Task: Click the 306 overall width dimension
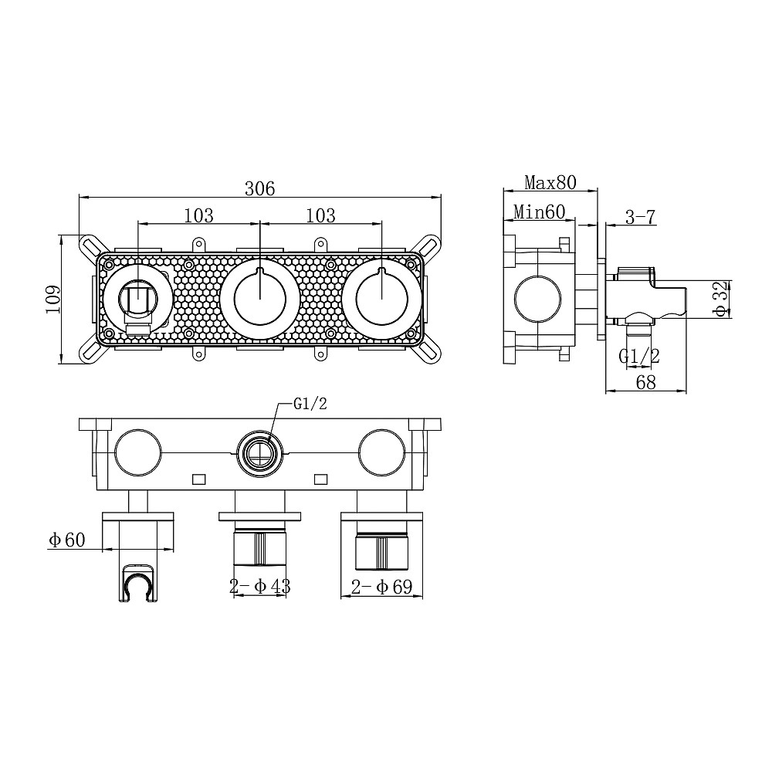[x=260, y=188]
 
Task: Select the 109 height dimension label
[x=52, y=300]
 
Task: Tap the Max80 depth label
[x=550, y=183]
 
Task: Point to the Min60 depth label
[x=539, y=212]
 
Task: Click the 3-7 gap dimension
[x=641, y=217]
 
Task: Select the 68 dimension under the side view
[x=646, y=382]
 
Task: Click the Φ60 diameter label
[x=67, y=540]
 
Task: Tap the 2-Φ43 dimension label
[x=260, y=587]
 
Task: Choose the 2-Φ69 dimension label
[x=381, y=587]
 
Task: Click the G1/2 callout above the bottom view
[x=310, y=405]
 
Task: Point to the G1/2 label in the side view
[x=639, y=356]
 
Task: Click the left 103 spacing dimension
[x=199, y=215]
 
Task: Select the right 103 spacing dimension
[x=320, y=215]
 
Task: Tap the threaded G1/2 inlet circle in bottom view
[x=260, y=453]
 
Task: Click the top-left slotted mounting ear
[x=90, y=245]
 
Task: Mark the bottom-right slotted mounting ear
[x=429, y=351]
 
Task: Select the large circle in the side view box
[x=537, y=300]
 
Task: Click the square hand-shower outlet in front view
[x=138, y=300]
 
